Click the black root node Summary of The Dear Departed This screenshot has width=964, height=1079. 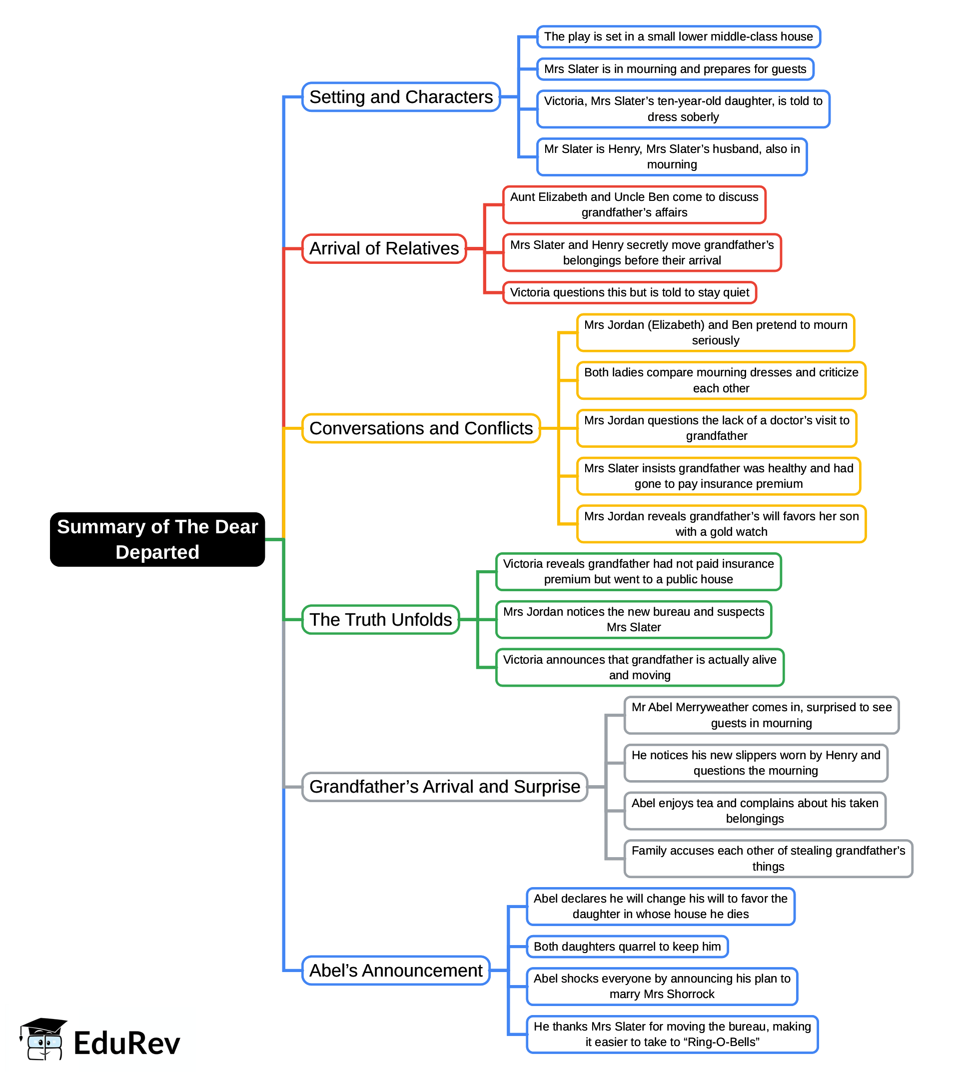(157, 539)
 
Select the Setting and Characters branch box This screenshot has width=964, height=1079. (401, 97)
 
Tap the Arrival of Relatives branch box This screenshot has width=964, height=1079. (384, 248)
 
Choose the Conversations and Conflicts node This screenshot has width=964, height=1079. (421, 428)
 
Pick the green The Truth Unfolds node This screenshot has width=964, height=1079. (380, 619)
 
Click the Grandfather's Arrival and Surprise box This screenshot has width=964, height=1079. (444, 787)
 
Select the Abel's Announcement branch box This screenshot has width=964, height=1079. (396, 971)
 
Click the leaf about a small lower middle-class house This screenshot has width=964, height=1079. (678, 36)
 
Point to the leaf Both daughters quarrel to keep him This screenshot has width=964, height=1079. (627, 947)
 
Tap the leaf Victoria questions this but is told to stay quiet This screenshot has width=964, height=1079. (629, 292)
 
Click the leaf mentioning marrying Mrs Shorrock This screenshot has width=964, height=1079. (662, 987)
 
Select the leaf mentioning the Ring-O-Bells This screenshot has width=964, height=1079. (672, 1034)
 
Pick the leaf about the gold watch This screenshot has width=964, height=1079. (721, 524)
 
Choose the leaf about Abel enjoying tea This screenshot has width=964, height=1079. (755, 811)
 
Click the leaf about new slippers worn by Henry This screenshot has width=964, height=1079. (756, 763)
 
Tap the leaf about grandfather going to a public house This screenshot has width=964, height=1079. (638, 572)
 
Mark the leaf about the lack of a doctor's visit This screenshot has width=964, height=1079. (717, 428)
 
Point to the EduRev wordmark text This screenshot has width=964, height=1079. (127, 1044)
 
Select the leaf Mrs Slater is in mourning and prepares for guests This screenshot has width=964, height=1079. (675, 69)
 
